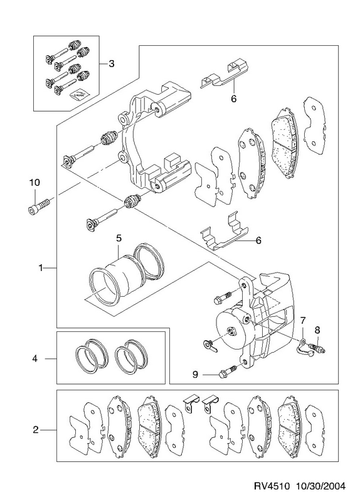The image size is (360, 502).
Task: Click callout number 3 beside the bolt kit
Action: [x=111, y=64]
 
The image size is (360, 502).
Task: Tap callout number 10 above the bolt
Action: [x=34, y=183]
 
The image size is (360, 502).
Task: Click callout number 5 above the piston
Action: [x=119, y=238]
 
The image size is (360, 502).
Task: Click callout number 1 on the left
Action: [x=41, y=268]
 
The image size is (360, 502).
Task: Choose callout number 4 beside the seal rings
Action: [x=34, y=358]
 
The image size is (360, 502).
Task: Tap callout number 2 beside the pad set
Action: [x=35, y=430]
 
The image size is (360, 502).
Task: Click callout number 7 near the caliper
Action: [x=303, y=320]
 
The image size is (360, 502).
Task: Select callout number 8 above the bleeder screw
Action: [x=317, y=329]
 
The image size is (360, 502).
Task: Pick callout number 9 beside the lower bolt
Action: [x=196, y=374]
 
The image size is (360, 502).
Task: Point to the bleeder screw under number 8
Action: [x=317, y=348]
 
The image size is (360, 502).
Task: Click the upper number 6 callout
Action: [x=233, y=99]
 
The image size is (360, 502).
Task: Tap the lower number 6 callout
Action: [x=258, y=240]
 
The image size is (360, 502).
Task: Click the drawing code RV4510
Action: [x=272, y=486]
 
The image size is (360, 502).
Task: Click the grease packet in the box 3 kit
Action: [x=80, y=95]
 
